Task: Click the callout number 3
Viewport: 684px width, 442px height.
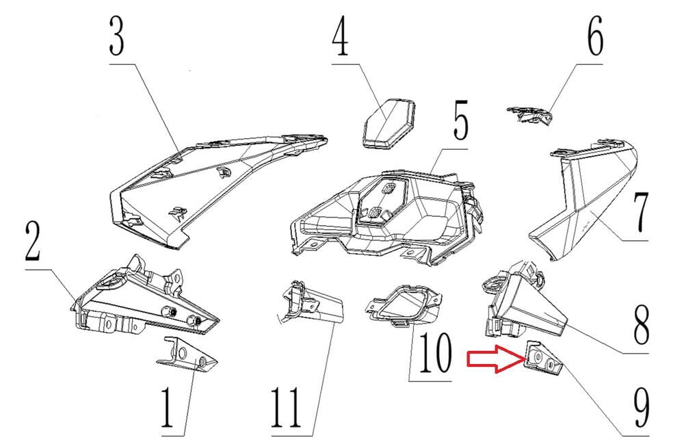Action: point(117,36)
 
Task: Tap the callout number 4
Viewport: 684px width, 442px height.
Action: point(340,36)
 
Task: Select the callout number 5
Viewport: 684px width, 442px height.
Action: point(460,120)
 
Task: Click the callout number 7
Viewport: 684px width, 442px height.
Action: point(640,213)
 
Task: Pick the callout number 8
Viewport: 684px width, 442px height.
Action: point(641,324)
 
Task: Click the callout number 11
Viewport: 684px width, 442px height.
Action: point(286,408)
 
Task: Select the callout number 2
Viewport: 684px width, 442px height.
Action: point(33,241)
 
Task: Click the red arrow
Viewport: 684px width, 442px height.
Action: point(495,359)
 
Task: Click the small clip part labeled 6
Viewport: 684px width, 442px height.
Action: point(530,115)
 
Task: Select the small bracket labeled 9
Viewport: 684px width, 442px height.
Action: point(544,357)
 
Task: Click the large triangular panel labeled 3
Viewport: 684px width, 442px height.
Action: point(218,192)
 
